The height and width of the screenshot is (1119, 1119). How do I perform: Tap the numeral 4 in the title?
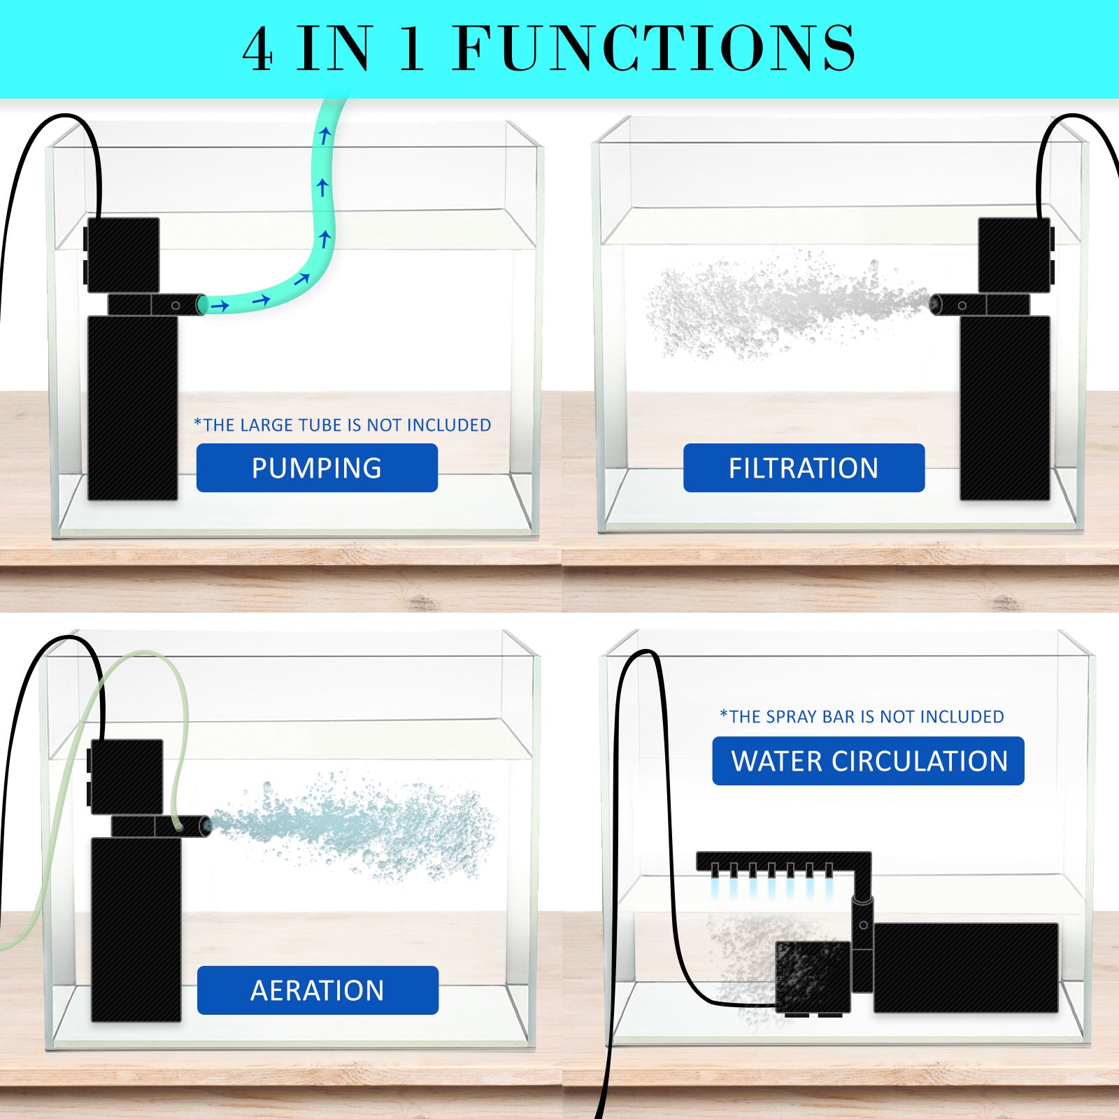coord(257,49)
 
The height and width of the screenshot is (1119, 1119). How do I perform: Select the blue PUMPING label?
coord(317,468)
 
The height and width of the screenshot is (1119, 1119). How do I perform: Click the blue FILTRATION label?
coord(804,468)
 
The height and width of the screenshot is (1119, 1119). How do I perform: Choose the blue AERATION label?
coord(318,990)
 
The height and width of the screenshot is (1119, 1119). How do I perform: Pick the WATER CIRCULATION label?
coord(868,761)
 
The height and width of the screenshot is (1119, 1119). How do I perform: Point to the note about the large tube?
coord(343,425)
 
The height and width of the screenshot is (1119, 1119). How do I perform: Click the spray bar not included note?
coord(862,717)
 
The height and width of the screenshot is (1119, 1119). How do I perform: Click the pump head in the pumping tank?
coord(123,255)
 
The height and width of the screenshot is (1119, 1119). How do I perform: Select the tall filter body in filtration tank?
coord(1004,408)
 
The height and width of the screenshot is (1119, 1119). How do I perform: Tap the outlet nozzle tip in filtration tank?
coord(935,304)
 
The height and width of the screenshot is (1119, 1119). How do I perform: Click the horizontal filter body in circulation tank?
coord(965,967)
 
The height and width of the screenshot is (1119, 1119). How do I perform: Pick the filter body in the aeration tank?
coord(136,929)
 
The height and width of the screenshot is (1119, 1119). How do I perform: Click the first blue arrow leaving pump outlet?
coord(220,306)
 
